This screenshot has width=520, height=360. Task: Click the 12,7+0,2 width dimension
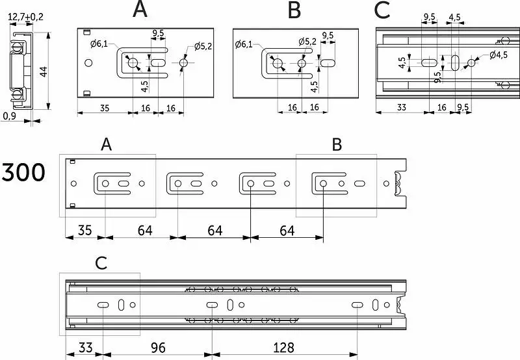pyautogui.click(x=26, y=17)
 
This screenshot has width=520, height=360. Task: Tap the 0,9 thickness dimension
pyautogui.click(x=10, y=116)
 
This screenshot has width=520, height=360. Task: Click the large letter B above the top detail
pyautogui.click(x=294, y=10)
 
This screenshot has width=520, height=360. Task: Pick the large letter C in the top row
pyautogui.click(x=383, y=10)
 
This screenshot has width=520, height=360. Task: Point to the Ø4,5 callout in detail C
pyautogui.click(x=498, y=55)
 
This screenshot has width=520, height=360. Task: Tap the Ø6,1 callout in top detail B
pyautogui.click(x=243, y=44)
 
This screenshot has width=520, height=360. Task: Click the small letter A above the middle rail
pyautogui.click(x=108, y=145)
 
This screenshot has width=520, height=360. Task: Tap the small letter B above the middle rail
pyautogui.click(x=337, y=145)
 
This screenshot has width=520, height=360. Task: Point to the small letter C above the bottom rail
pyautogui.click(x=100, y=263)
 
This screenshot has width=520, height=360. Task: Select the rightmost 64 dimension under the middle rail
pyautogui.click(x=287, y=230)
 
